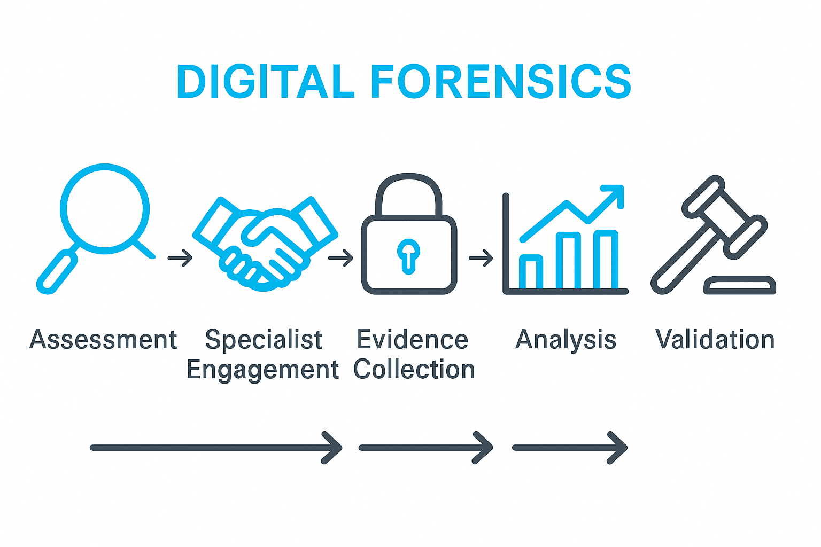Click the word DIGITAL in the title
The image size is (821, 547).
coord(265,81)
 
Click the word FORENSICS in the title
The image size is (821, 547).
coord(501,81)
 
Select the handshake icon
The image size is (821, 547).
coord(265,244)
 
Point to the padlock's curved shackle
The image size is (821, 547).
coord(409,195)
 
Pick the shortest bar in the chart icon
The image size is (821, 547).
coord(531,271)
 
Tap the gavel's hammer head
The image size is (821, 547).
coord(725,217)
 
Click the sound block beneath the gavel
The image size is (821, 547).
coord(740,285)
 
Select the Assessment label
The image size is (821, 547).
coord(103,340)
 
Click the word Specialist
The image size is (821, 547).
coord(264,340)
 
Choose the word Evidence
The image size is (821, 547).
coord(413,340)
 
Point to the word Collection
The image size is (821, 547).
coord(414,369)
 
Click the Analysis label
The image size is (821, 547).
coord(566,340)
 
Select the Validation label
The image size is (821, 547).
coord(715,340)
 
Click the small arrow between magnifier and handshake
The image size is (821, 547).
coord(180,258)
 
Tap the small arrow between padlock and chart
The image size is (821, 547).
coord(481,258)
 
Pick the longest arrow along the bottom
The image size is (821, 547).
coord(216,448)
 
